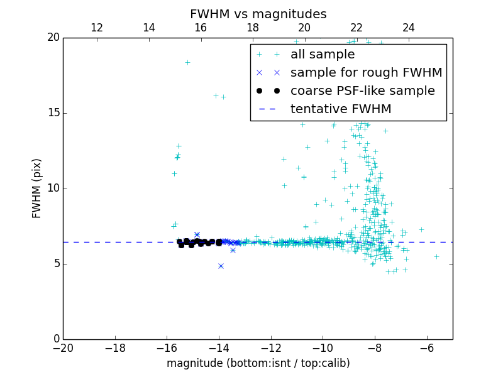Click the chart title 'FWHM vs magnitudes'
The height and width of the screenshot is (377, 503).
pyautogui.click(x=258, y=14)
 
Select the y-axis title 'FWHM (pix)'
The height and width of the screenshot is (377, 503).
pyautogui.click(x=37, y=188)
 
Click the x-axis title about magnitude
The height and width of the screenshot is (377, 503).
pyautogui.click(x=258, y=363)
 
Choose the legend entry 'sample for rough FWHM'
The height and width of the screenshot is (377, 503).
pyautogui.click(x=366, y=72)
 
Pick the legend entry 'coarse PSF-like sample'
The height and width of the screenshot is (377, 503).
pyautogui.click(x=362, y=90)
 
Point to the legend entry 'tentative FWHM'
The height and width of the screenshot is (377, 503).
pyautogui.click(x=341, y=109)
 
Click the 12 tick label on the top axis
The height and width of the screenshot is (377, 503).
pyautogui.click(x=97, y=28)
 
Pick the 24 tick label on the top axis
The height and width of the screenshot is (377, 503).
pyautogui.click(x=409, y=28)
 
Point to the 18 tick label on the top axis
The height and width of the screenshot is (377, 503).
pyautogui.click(x=253, y=28)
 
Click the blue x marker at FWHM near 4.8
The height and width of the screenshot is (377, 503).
pyautogui.click(x=221, y=266)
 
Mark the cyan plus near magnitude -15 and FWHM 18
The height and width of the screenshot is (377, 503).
pyautogui.click(x=187, y=62)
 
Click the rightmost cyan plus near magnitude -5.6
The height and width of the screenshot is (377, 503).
pyautogui.click(x=436, y=256)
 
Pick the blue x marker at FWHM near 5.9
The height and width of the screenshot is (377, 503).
pyautogui.click(x=233, y=250)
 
